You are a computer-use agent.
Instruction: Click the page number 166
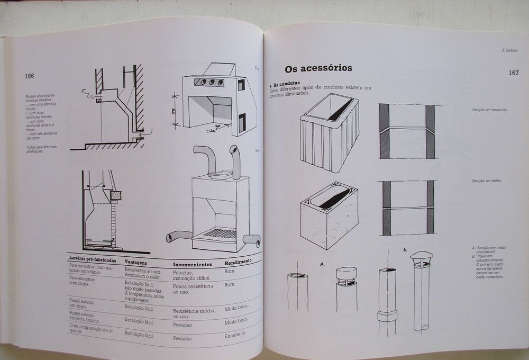coord(29,76)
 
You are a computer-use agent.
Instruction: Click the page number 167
coord(513,73)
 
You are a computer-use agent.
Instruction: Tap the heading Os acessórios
coord(318,68)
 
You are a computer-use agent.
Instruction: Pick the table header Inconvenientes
coord(193,264)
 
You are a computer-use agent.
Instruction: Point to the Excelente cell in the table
coord(235,335)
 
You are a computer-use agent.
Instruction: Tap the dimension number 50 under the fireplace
coord(217,128)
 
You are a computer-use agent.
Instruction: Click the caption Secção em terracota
coord(489,110)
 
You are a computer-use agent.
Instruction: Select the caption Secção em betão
coord(487,181)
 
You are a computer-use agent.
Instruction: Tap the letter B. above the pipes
coord(405,249)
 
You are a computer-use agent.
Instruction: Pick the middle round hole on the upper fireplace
coord(211,82)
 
